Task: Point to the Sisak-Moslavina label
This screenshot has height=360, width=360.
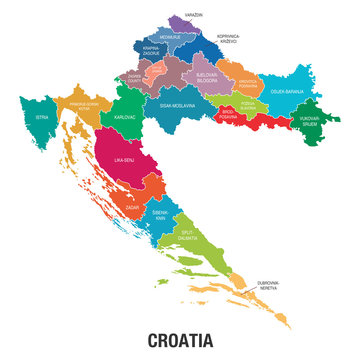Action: click(177, 103)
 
